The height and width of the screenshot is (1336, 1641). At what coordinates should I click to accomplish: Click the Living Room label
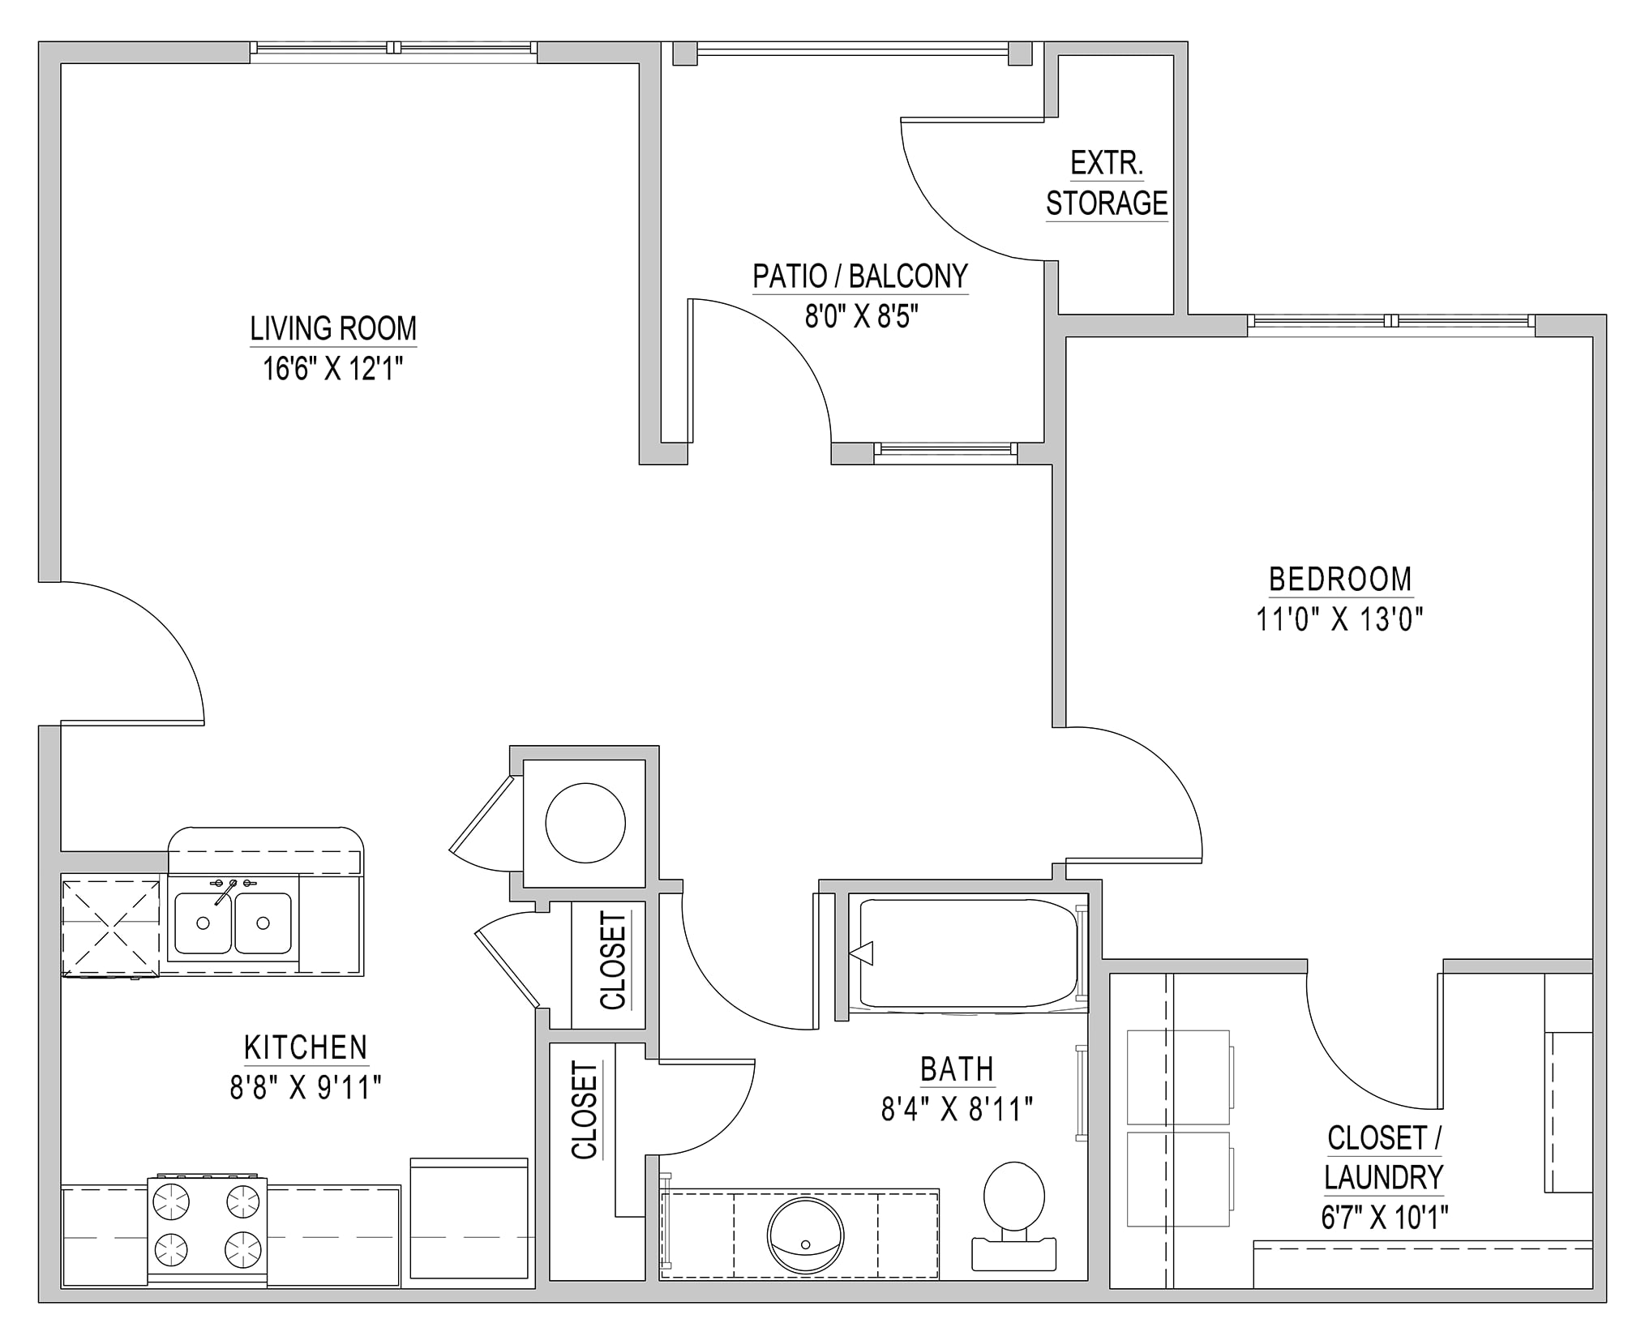pos(333,328)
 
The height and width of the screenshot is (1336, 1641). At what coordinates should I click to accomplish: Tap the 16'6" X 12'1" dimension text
pos(333,369)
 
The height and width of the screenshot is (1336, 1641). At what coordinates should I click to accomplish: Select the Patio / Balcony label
pos(860,276)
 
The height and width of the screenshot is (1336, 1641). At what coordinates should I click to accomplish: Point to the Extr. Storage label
pos(1107,183)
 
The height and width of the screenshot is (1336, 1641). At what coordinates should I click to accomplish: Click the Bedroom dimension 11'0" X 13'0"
pos(1340,619)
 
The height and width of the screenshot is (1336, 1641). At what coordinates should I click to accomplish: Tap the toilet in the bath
pos(1013,1215)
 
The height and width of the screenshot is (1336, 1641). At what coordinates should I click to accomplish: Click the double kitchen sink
pos(234,923)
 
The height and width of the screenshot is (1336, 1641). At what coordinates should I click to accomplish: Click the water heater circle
pos(585,823)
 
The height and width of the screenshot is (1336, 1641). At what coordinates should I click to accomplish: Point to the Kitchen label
pos(306,1047)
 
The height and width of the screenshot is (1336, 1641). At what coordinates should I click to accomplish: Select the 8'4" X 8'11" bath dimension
pos(957,1109)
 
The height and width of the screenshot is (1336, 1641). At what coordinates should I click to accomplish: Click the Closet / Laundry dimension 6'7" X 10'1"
pos(1385,1217)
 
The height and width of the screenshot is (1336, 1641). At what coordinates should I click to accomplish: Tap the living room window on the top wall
pos(393,48)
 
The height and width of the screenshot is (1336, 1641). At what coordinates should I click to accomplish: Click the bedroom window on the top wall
pos(1391,321)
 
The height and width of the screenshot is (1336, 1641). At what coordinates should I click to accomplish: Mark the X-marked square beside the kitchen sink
pos(111,927)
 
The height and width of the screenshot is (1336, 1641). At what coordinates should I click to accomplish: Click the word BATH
pos(957,1069)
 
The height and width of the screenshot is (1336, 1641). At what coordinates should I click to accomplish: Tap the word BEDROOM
pos(1340,579)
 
